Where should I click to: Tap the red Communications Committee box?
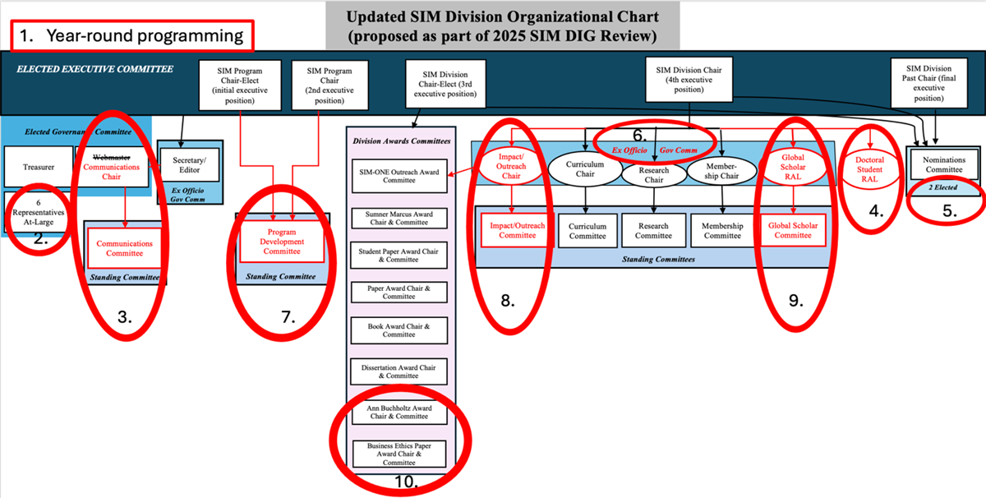point(124,247)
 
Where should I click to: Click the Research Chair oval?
point(653,175)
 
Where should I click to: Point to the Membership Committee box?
point(722,230)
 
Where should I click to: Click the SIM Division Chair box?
point(688,81)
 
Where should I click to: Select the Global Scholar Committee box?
point(793,230)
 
